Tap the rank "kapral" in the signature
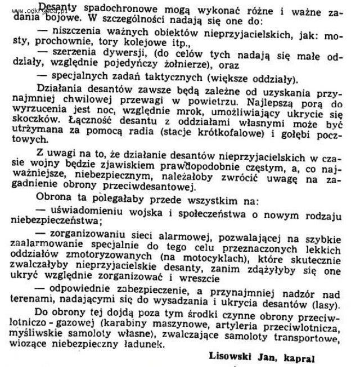299,356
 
